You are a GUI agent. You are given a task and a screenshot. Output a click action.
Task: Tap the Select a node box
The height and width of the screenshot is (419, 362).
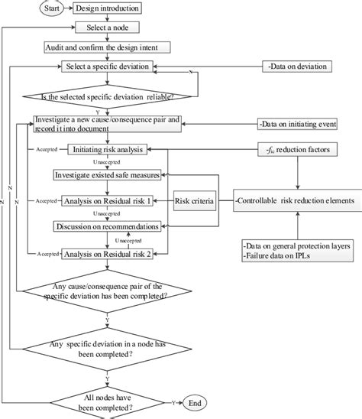(x=107, y=27)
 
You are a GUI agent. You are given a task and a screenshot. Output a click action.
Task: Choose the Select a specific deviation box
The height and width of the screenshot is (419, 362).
(x=108, y=66)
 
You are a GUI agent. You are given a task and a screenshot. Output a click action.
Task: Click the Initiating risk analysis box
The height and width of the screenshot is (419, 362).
(x=108, y=151)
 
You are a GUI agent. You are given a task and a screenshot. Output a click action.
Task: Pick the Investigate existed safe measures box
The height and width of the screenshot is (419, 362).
(x=108, y=175)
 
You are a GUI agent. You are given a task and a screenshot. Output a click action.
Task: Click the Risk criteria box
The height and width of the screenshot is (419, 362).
(x=192, y=201)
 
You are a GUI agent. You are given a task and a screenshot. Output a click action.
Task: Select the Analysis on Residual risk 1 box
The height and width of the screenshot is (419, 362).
(x=108, y=201)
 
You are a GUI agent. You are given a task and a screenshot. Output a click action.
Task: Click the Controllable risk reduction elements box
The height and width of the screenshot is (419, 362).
(x=294, y=201)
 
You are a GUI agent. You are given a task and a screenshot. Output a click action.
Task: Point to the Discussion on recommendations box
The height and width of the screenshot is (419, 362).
(x=108, y=227)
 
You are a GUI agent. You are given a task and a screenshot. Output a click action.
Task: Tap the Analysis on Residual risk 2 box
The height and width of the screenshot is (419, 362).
(x=108, y=253)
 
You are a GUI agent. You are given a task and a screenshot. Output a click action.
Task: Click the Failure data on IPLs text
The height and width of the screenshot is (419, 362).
(x=283, y=255)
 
